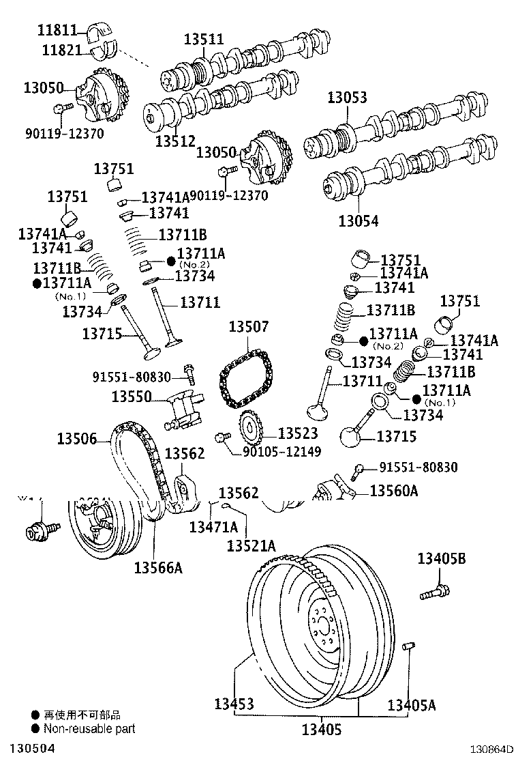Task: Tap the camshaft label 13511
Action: pyautogui.click(x=203, y=40)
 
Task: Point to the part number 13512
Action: pyautogui.click(x=176, y=141)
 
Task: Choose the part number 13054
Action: pyautogui.click(x=359, y=220)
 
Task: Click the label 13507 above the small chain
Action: pyautogui.click(x=249, y=328)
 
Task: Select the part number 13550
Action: pyautogui.click(x=132, y=396)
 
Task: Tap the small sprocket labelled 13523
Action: pyautogui.click(x=249, y=431)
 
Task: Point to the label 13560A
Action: pyautogui.click(x=394, y=490)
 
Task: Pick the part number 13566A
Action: pyautogui.click(x=158, y=567)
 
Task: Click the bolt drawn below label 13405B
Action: pyautogui.click(x=433, y=590)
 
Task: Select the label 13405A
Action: pyautogui.click(x=411, y=704)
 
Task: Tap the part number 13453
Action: pyautogui.click(x=233, y=704)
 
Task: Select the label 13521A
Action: pyautogui.click(x=251, y=545)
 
